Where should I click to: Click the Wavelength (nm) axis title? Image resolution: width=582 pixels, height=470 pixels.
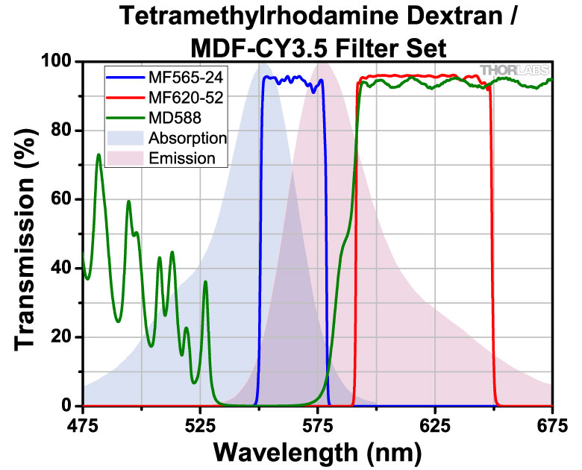(x=318, y=451)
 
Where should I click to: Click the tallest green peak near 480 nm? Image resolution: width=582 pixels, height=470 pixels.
(x=98, y=155)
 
